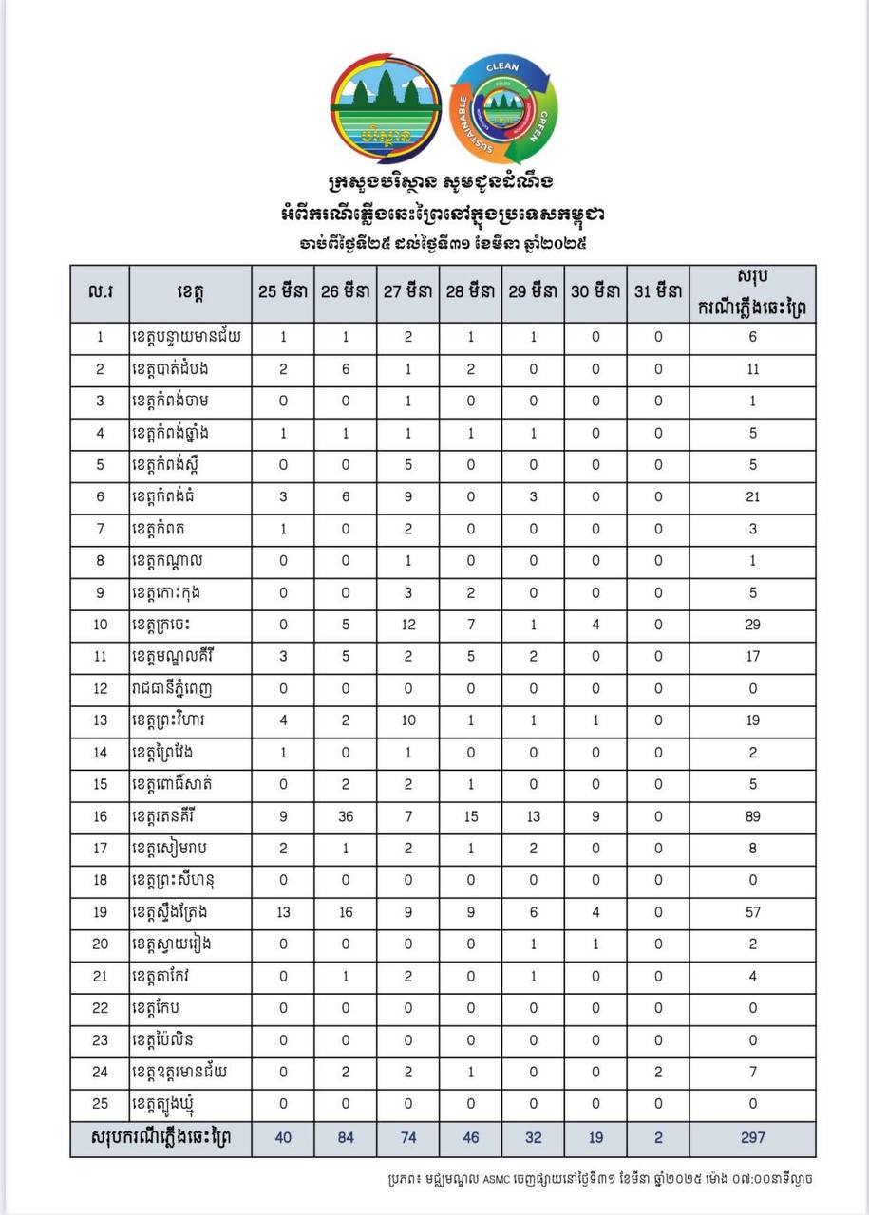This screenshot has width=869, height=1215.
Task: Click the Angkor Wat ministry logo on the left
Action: point(385,106)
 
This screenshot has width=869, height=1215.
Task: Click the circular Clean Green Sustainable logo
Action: point(502,108)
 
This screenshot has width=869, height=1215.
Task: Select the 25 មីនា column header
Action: point(283,292)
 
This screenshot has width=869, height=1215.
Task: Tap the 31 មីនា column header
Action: point(658,292)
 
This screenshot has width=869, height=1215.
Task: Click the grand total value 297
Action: point(753,1137)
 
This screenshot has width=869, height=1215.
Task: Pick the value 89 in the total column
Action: point(753,816)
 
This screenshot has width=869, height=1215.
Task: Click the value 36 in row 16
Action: point(346,816)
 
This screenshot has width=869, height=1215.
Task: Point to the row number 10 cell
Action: point(100,625)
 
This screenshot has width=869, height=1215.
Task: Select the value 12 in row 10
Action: point(408,625)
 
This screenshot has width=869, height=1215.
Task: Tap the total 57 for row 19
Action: point(753,912)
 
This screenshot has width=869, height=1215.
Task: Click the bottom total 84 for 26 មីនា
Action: point(346,1137)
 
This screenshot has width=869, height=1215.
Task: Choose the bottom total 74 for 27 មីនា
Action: point(408,1137)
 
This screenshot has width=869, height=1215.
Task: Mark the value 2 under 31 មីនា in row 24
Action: point(658,1073)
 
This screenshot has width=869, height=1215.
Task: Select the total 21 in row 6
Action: point(753,496)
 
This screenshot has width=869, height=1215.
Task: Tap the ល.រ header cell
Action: point(100,292)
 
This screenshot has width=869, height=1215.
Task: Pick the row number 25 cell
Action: point(100,1104)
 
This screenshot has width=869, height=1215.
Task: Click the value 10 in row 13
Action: point(408,720)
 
